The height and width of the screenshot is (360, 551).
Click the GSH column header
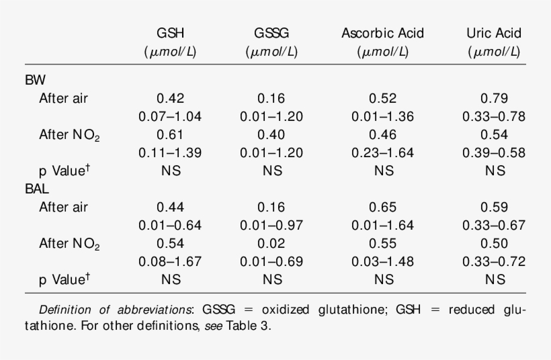170,34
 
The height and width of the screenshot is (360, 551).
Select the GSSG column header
271,34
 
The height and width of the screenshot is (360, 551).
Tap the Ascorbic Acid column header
382,34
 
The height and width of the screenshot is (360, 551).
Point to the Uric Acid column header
494,34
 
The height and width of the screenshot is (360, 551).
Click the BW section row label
36,80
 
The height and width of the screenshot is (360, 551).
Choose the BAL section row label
38,189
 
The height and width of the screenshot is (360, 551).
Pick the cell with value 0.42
170,98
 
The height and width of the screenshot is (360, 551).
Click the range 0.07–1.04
170,116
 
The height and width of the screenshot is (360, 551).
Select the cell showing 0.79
495,98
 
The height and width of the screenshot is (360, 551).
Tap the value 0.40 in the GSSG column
271,134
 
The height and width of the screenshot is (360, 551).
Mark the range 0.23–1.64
382,152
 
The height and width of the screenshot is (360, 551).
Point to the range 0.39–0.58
495,152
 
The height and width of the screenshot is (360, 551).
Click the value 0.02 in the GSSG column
271,243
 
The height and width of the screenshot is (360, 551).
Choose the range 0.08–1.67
170,261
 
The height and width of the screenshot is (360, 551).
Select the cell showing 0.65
382,207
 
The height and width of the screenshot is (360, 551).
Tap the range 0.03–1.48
382,261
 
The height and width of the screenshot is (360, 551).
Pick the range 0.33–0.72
495,261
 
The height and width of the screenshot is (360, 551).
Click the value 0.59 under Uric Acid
495,207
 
